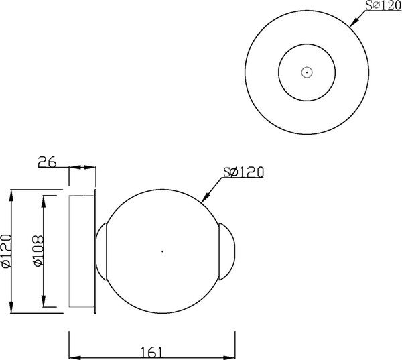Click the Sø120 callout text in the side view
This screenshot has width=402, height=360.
[x=242, y=172]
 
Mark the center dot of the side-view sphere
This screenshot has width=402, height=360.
[x=162, y=251]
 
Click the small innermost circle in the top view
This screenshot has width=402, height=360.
[x=306, y=72]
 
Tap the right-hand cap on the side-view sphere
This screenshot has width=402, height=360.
[x=226, y=251]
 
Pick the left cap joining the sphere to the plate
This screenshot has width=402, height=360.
[x=102, y=251]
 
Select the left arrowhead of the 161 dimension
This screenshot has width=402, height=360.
[x=74, y=355]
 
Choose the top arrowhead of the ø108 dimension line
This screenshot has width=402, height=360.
[x=44, y=200]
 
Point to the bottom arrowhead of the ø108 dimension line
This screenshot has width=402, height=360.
[x=44, y=302]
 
